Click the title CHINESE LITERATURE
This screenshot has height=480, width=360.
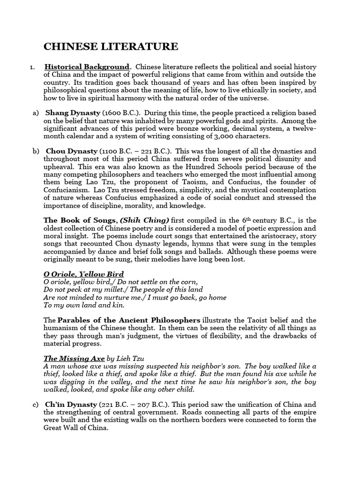coord(111,46)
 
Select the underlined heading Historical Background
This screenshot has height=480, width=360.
coord(87,67)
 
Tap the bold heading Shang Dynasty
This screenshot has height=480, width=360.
coord(73,113)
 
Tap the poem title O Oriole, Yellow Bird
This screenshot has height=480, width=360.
coord(83,274)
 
